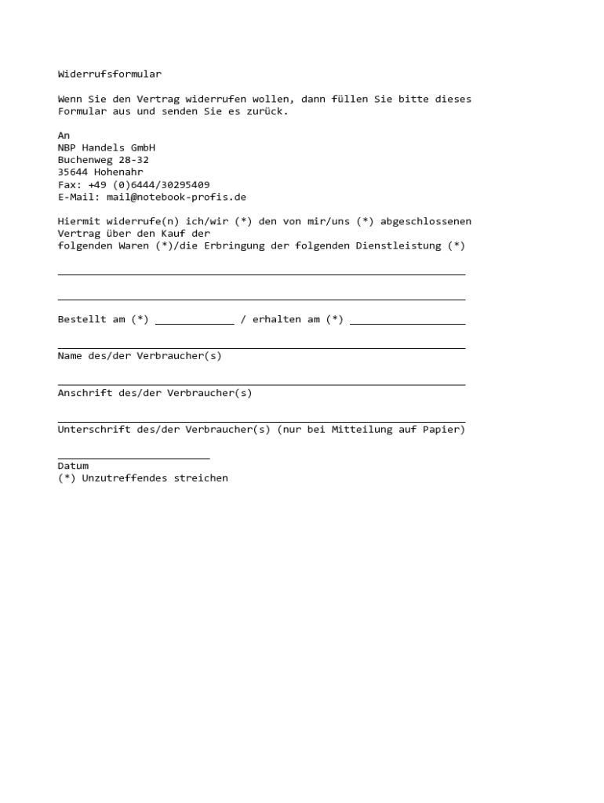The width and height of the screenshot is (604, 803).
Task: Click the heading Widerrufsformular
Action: tap(109, 74)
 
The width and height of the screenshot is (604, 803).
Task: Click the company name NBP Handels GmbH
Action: tap(106, 147)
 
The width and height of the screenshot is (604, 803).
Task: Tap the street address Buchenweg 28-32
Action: tap(103, 160)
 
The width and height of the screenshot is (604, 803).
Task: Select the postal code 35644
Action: tap(73, 172)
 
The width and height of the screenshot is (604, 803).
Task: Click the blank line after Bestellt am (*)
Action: tap(195, 322)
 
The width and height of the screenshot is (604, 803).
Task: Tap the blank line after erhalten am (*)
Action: tap(407, 322)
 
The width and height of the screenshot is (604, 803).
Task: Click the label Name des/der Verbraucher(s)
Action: tap(140, 356)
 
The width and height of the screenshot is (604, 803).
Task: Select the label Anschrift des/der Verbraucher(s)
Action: tap(155, 393)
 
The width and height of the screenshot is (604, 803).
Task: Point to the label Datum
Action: tap(73, 466)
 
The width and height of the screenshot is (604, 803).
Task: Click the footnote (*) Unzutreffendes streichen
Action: tap(143, 478)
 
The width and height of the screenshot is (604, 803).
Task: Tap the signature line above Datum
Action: tap(133, 457)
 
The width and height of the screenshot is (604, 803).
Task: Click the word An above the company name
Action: tap(64, 136)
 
